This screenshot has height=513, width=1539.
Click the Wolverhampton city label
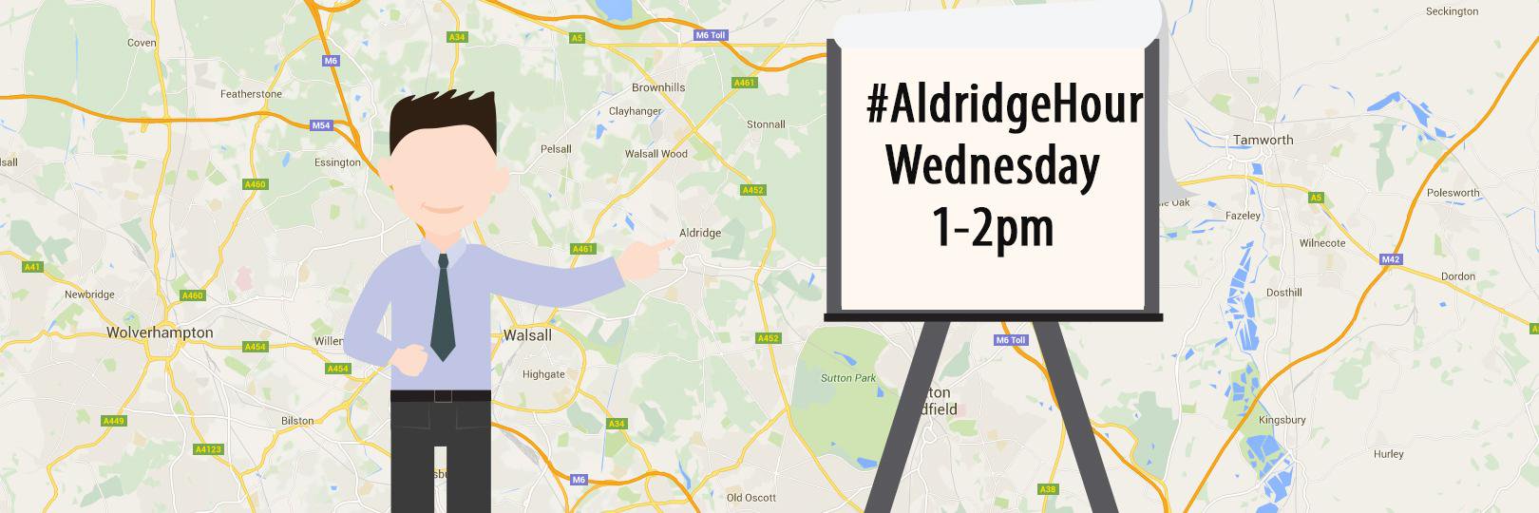pos(160,332)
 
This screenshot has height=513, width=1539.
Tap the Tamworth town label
pos(1263,140)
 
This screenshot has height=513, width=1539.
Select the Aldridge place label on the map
pos(700,233)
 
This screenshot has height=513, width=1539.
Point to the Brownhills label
pos(658,87)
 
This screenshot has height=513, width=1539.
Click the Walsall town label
pos(527,334)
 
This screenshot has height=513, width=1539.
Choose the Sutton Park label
pos(848,378)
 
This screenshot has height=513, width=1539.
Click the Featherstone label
pos(251,94)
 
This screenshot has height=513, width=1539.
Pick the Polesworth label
pos(1453,193)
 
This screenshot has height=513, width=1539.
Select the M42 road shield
pos(1391,259)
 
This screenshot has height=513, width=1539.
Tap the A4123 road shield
pos(207,449)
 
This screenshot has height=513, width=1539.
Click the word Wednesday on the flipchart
pos(992,165)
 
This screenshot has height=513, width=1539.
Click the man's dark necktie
pos(442,308)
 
